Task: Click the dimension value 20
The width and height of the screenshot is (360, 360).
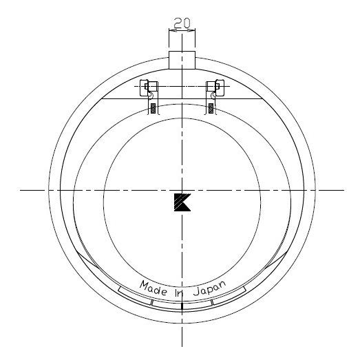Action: click(x=182, y=23)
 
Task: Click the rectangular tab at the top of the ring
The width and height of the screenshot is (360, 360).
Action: click(x=182, y=60)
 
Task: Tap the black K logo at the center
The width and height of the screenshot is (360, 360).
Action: click(x=182, y=202)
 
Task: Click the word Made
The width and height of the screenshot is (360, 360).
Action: click(x=153, y=288)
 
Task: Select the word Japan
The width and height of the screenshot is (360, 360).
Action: click(x=210, y=288)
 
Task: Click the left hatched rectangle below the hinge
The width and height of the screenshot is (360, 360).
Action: click(x=153, y=108)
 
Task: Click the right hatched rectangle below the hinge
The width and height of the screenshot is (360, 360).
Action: click(x=211, y=108)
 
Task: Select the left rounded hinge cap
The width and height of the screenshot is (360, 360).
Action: click(x=144, y=87)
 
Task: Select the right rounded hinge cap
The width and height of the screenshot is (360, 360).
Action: click(x=220, y=87)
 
